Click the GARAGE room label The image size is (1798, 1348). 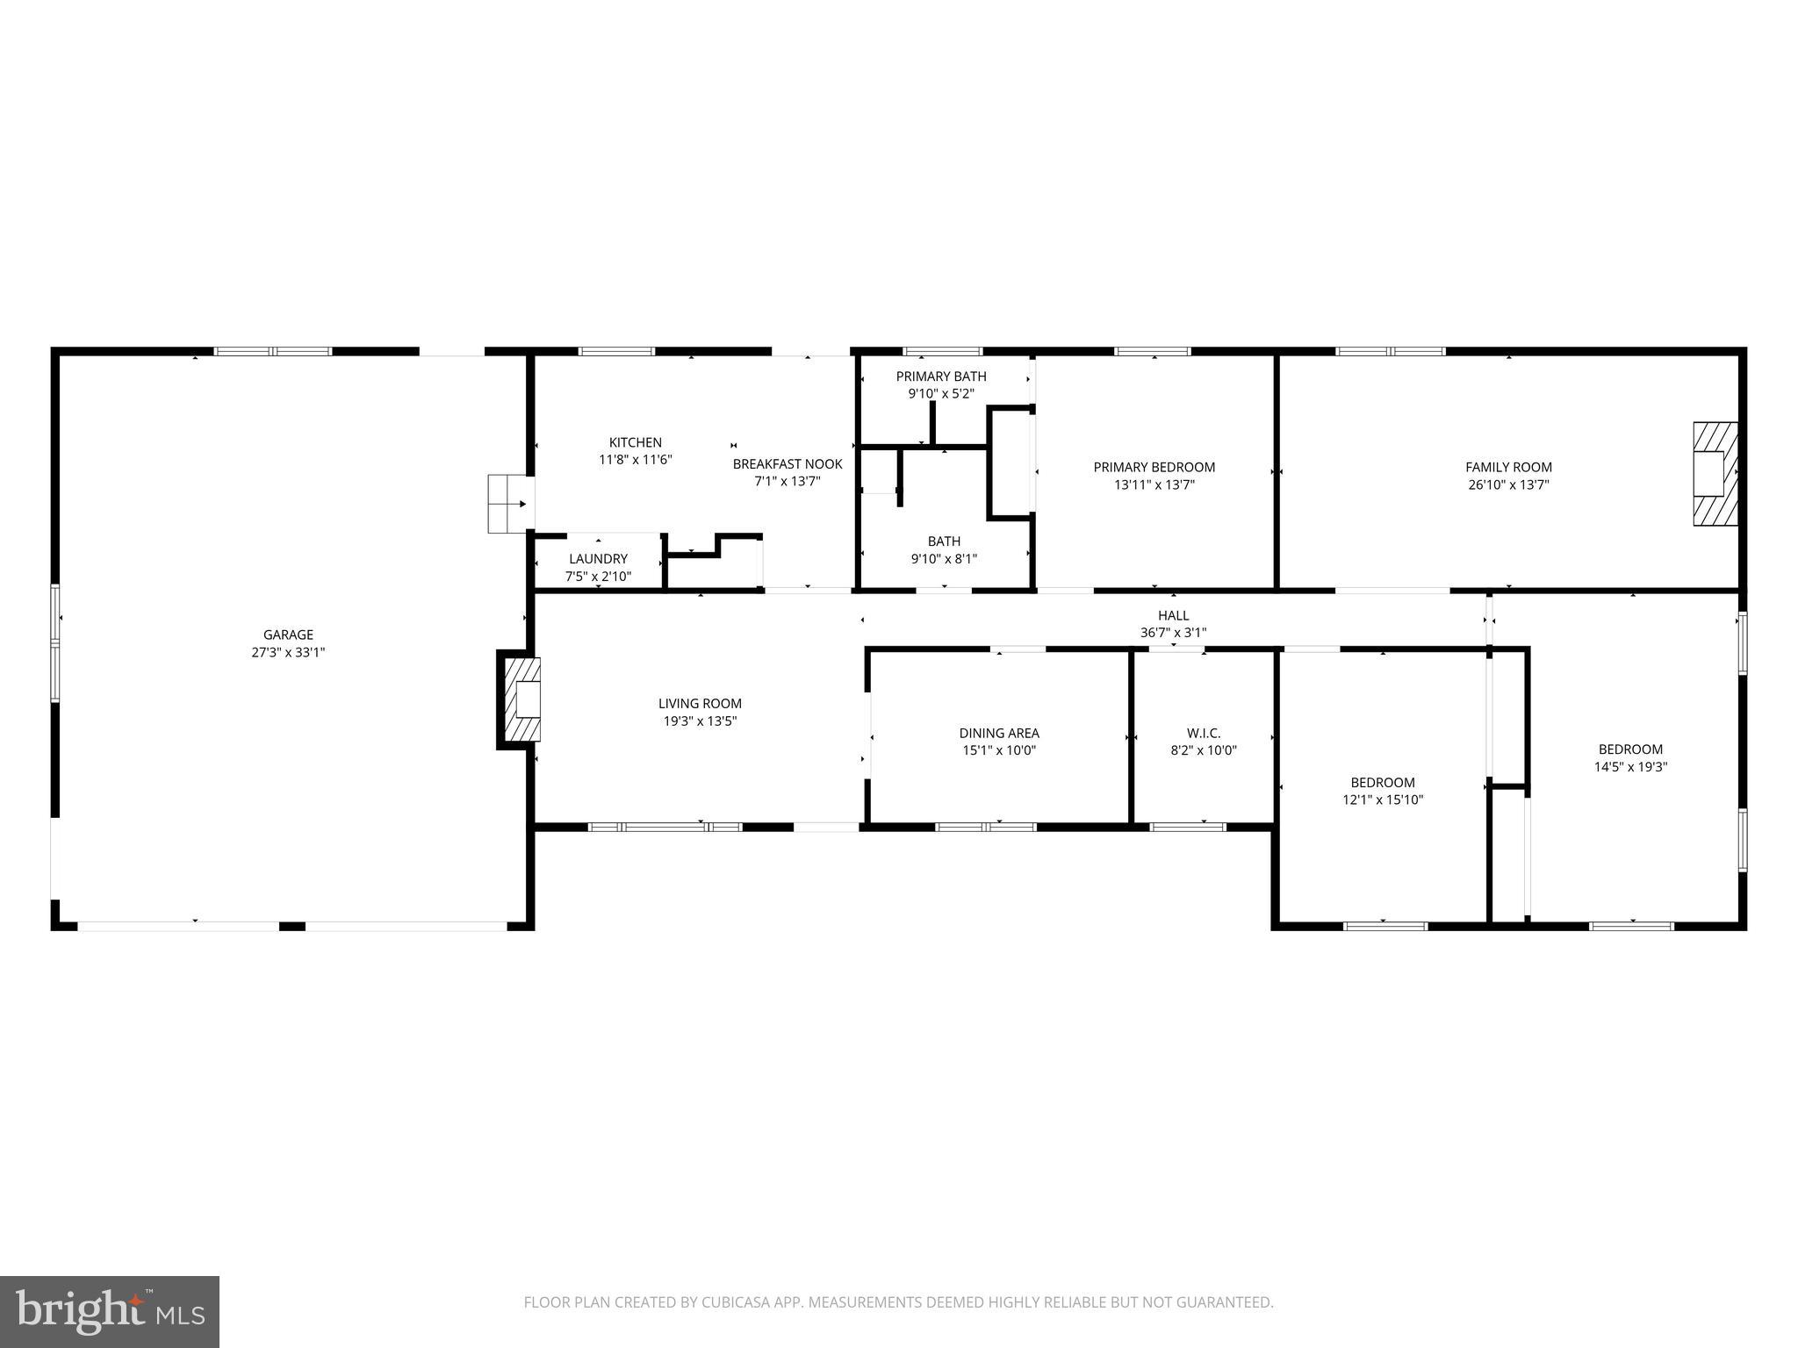(288, 635)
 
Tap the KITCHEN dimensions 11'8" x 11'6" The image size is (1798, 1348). (635, 460)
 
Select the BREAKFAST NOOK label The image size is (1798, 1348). (788, 464)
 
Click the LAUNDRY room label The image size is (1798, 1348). (598, 559)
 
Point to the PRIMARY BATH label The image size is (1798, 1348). (941, 376)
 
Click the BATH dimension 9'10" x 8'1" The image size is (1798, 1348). (944, 558)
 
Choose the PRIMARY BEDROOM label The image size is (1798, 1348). (1154, 467)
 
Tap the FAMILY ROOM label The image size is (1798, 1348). (1508, 467)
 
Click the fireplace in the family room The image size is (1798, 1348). (1715, 474)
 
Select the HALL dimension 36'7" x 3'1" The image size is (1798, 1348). (1173, 633)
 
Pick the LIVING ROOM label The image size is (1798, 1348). (700, 703)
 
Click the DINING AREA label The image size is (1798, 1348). (999, 733)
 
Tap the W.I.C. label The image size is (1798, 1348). (1204, 733)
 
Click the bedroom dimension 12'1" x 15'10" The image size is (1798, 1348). (1383, 799)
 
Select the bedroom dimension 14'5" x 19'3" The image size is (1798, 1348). (1630, 766)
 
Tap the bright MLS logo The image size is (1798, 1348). (110, 1311)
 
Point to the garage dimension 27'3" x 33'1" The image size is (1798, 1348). (288, 652)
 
